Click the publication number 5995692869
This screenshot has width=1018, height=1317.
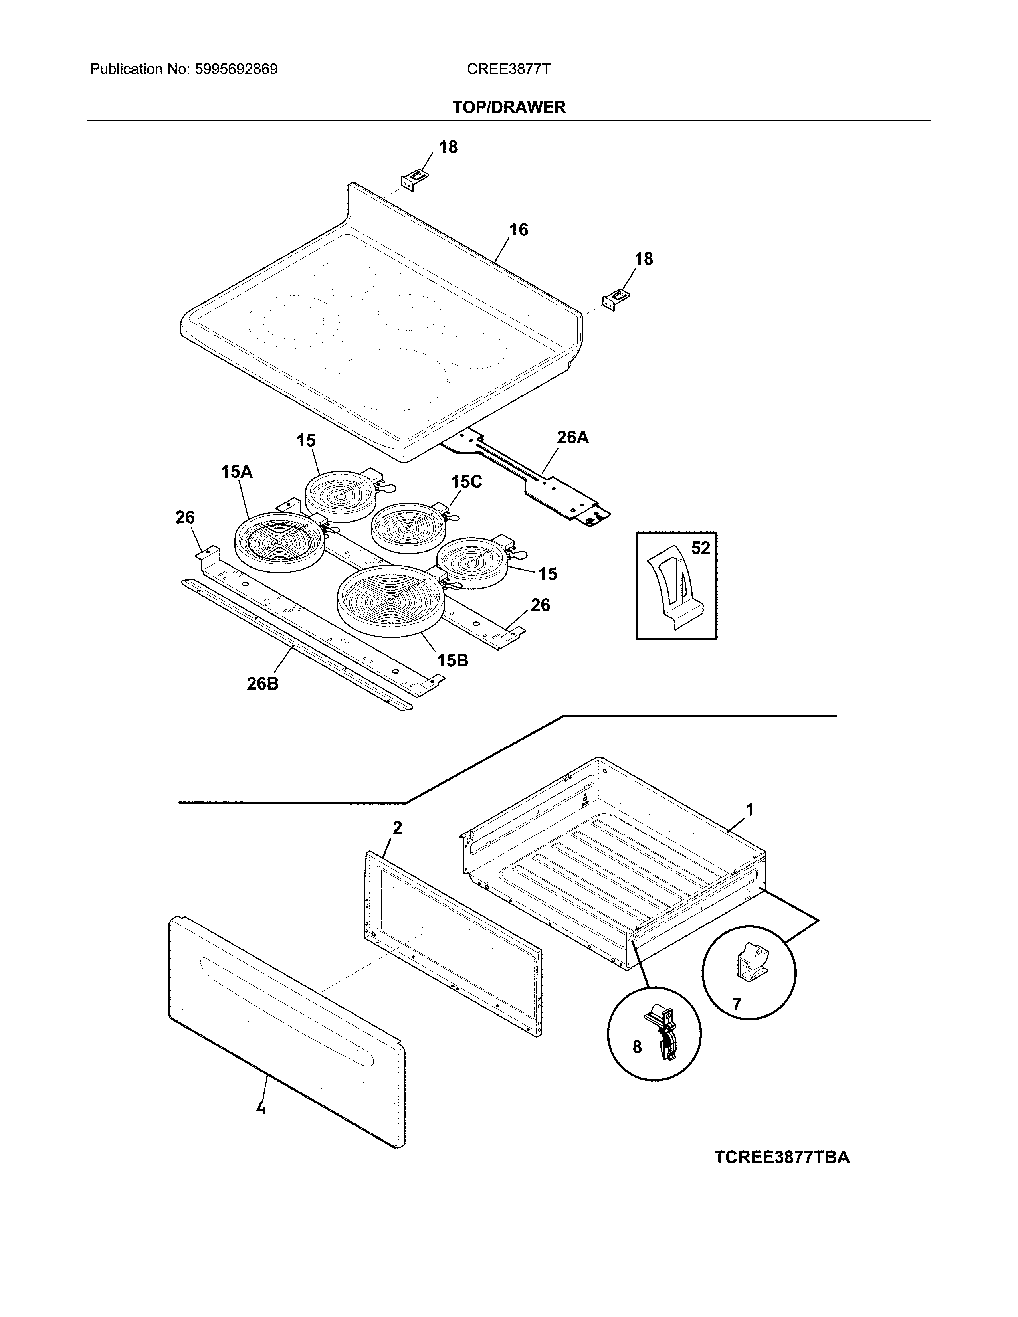pos(236,69)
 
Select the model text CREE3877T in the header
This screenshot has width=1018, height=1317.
pos(508,69)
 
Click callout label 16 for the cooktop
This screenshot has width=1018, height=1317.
pos(518,230)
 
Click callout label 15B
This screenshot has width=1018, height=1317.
pos(452,660)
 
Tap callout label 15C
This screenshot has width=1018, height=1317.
pos(466,481)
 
